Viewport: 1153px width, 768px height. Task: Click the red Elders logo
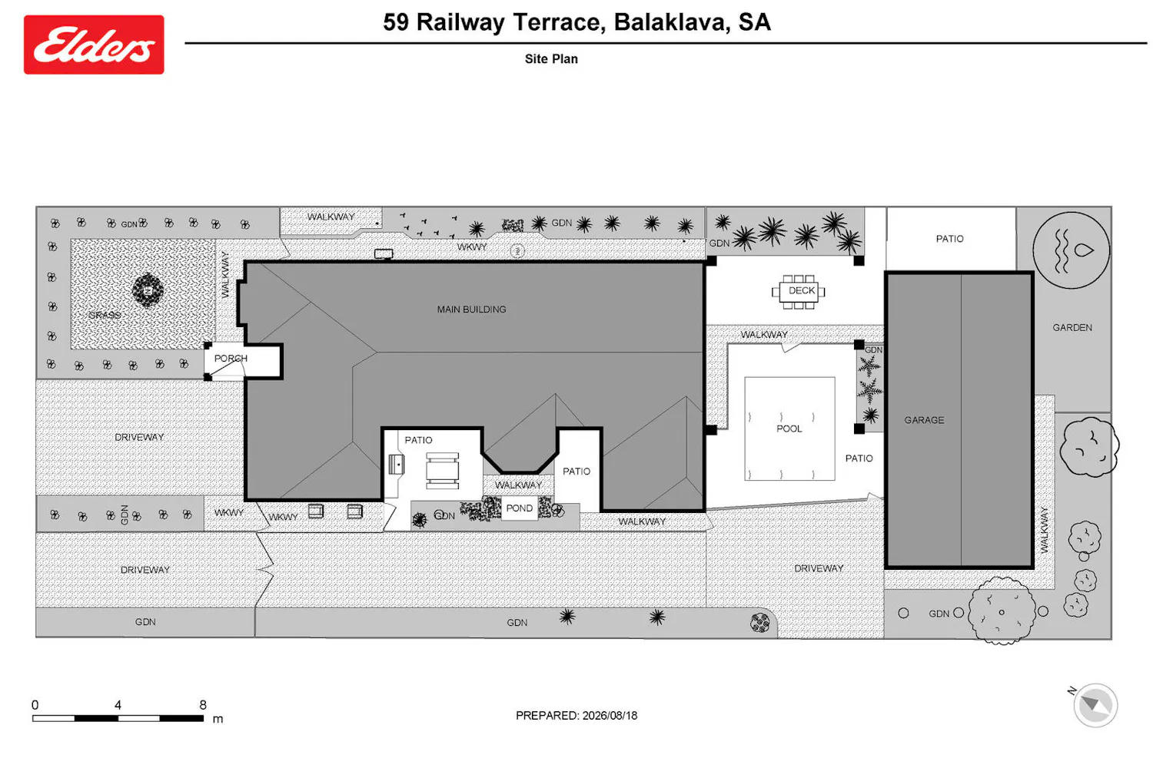click(x=94, y=45)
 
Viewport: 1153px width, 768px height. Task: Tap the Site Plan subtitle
click(x=551, y=59)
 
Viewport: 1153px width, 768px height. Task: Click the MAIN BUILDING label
click(x=471, y=310)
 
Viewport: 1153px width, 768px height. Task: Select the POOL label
click(x=789, y=429)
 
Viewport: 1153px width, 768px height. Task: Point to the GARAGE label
click(x=925, y=420)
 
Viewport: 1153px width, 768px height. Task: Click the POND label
click(x=520, y=508)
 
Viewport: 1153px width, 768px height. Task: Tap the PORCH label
click(x=231, y=358)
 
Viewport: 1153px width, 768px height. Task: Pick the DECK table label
click(x=802, y=290)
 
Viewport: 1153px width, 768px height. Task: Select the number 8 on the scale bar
click(x=203, y=705)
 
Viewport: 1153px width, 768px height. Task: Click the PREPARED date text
click(x=576, y=716)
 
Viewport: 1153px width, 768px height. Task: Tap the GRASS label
click(x=105, y=315)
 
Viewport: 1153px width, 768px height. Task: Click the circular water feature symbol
click(x=1072, y=250)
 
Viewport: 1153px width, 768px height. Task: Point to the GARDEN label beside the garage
click(x=1072, y=328)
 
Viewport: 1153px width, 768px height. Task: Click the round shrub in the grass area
click(x=148, y=290)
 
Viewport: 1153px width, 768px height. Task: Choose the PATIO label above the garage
click(x=949, y=239)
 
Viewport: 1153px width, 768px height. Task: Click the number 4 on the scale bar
click(x=118, y=705)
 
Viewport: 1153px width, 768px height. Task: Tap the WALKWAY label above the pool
click(x=764, y=334)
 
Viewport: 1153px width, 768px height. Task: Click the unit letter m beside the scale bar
click(x=218, y=719)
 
